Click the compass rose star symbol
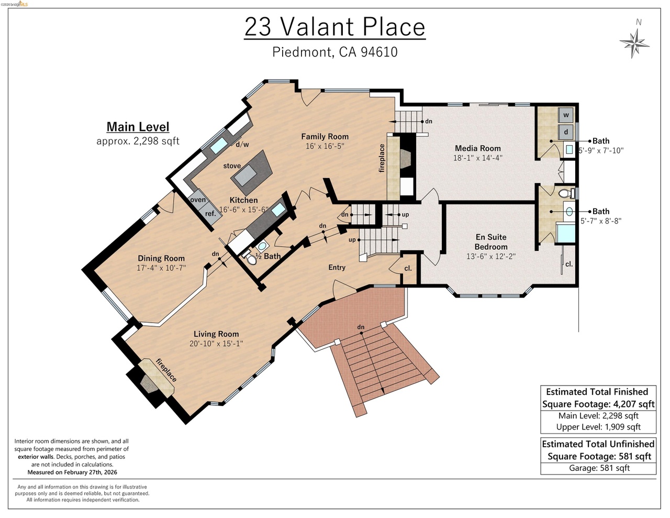click(x=634, y=43)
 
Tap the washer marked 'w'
click(x=566, y=115)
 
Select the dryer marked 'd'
click(x=566, y=132)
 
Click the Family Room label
click(x=325, y=136)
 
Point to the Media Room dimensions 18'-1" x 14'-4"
click(x=477, y=158)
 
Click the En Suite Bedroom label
click(x=491, y=242)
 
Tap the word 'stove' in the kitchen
click(x=232, y=166)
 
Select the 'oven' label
click(x=198, y=200)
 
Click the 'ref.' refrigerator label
click(x=210, y=213)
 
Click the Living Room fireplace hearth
click(x=155, y=378)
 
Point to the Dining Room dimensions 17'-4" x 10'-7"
click(x=161, y=268)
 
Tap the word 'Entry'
click(x=337, y=267)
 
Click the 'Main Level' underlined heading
click(x=138, y=127)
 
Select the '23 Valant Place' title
click(x=335, y=27)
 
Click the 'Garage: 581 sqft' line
click(x=599, y=468)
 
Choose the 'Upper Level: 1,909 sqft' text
click(x=598, y=427)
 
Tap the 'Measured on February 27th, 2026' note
click(x=72, y=472)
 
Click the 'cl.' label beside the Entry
click(x=408, y=268)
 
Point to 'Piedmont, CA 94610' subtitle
click(x=335, y=52)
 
